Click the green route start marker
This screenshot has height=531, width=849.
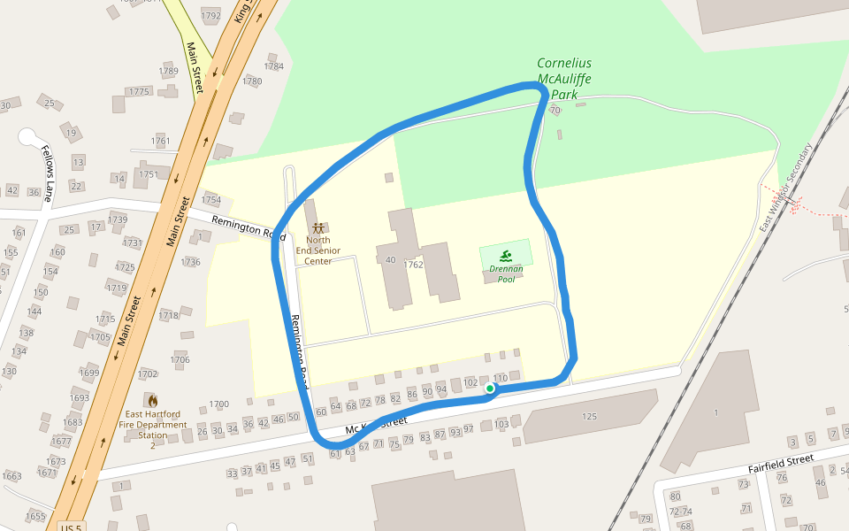tap(490, 388)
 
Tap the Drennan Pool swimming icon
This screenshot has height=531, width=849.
tap(506, 257)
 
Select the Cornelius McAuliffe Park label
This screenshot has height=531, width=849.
tap(564, 78)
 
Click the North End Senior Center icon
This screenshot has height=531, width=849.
tap(317, 228)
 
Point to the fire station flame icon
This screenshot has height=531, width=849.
tap(152, 401)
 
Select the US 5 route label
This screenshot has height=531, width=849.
tap(72, 527)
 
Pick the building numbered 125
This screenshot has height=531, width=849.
tap(590, 416)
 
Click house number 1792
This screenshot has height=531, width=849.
tap(210, 16)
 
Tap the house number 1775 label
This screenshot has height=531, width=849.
tap(140, 92)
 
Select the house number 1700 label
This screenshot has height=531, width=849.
tap(218, 404)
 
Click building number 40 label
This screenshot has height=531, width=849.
tap(390, 259)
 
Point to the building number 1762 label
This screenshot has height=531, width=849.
tap(413, 265)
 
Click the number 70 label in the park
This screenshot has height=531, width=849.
tap(555, 111)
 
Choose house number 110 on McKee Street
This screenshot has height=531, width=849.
tap(501, 379)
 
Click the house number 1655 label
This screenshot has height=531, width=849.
tap(35, 516)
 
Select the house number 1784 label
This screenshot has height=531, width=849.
tap(274, 66)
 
